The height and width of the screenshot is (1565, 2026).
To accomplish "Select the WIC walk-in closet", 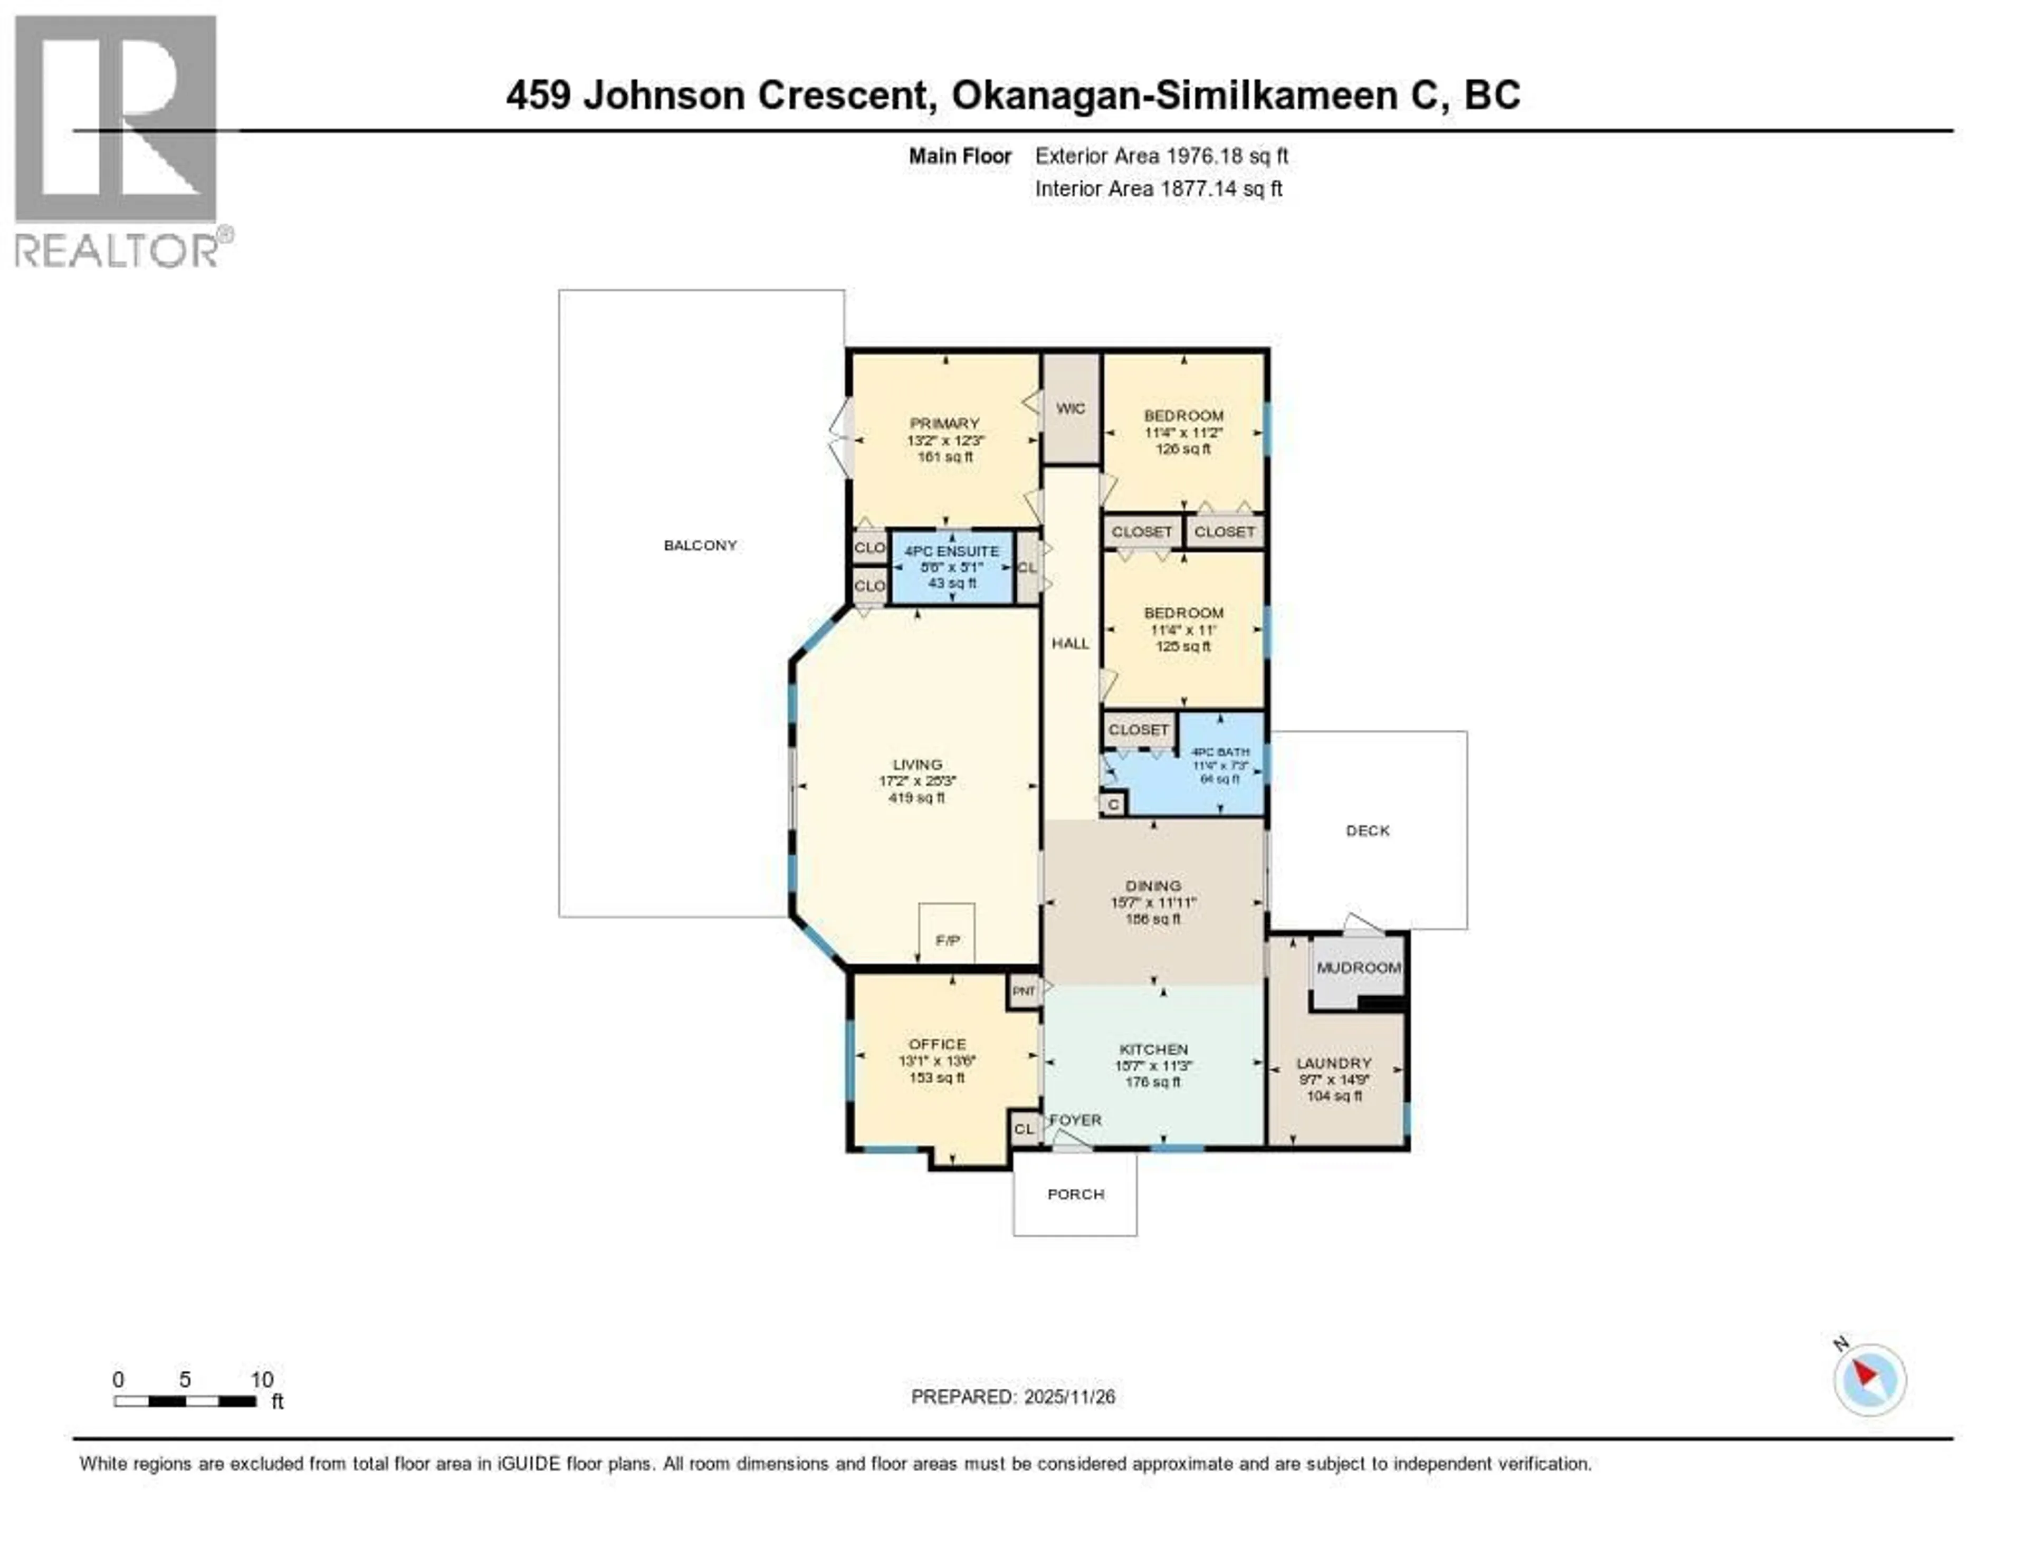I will point(1071,408).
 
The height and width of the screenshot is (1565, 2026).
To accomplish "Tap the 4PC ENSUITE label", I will point(952,551).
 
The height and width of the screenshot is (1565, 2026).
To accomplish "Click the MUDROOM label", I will point(1358,968).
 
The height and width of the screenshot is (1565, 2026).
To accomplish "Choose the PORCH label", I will point(1075,1194).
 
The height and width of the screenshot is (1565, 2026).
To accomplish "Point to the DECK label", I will point(1368,831).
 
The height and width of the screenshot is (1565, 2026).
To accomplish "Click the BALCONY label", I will point(700,546).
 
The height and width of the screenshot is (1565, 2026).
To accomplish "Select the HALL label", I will point(1071,643).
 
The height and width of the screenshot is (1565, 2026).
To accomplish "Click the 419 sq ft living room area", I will point(916,798).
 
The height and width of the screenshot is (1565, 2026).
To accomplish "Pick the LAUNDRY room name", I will point(1334,1063).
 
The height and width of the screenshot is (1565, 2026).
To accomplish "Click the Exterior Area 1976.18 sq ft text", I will point(1161,156).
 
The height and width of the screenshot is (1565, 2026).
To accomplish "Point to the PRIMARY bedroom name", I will point(944,423).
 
